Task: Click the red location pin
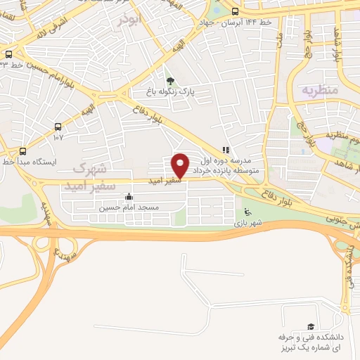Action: [181, 165]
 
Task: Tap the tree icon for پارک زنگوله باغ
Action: [169, 80]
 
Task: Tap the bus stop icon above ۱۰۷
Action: [58, 127]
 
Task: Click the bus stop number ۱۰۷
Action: [58, 137]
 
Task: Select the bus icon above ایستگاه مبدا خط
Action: [23, 150]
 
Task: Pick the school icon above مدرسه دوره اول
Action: [226, 150]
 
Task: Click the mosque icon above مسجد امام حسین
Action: [128, 197]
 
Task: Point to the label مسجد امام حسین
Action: [129, 207]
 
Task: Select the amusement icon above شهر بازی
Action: [246, 212]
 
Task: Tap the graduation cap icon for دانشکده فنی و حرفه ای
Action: [310, 326]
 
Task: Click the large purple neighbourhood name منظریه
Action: [321, 91]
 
